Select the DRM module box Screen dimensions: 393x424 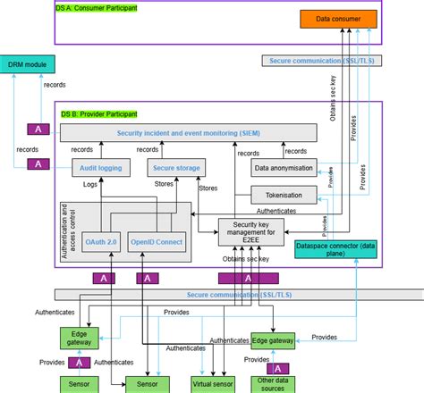27,64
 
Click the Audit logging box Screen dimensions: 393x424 101,167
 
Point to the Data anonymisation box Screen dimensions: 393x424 284,167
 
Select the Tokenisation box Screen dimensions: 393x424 284,194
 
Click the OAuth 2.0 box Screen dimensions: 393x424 102,241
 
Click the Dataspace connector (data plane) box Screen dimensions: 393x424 336,250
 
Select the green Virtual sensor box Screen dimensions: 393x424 214,384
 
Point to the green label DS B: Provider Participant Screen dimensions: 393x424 98,113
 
